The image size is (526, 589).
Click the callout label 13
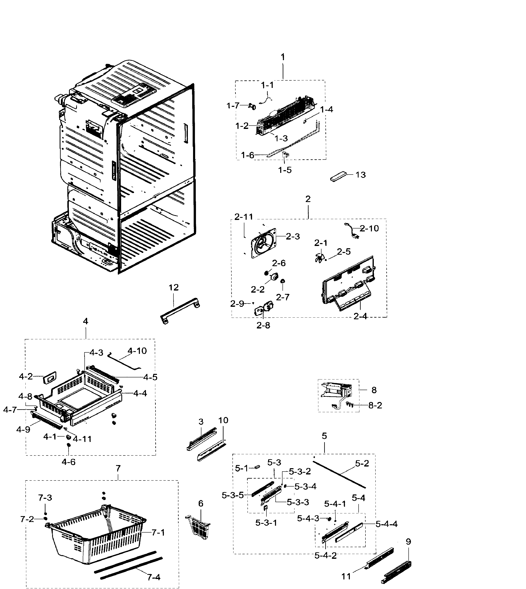pos(360,175)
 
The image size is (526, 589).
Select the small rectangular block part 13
pos(338,176)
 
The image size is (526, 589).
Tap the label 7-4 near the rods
pos(153,577)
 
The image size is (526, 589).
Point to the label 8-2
pos(375,405)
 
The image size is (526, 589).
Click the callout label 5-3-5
pos(233,495)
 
